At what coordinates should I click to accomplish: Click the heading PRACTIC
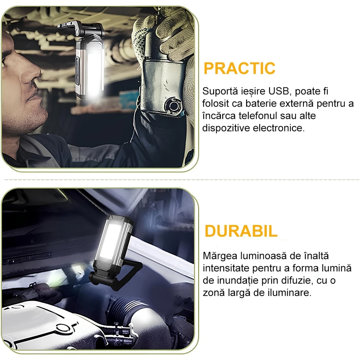click(x=239, y=68)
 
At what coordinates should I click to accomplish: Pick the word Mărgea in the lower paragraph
click(x=217, y=256)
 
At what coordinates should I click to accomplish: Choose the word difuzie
click(x=295, y=281)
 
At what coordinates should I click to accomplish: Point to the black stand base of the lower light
click(x=115, y=278)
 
